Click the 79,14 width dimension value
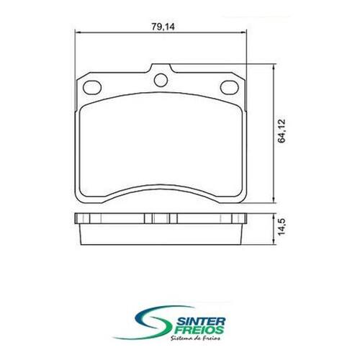(163, 27)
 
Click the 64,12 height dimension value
(282, 131)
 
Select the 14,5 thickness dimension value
(282, 227)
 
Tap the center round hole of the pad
(161, 80)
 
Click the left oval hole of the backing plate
(92, 87)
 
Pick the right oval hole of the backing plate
(229, 87)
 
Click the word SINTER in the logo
(202, 321)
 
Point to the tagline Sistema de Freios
(195, 338)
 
